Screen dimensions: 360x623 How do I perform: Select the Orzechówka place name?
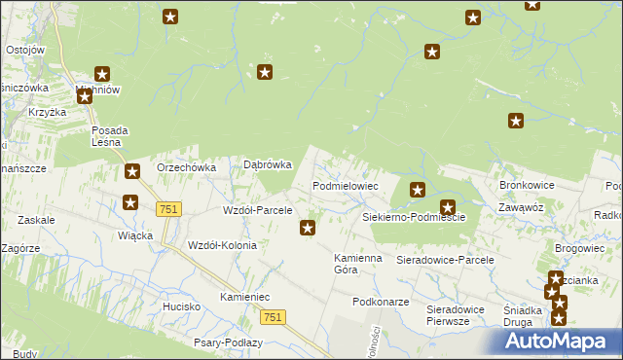(x=186, y=167)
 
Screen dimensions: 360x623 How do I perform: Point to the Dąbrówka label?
(x=267, y=165)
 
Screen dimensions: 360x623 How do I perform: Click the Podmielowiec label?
(x=345, y=185)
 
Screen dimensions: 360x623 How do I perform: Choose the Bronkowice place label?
(x=527, y=184)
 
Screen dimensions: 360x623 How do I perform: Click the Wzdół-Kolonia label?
(x=222, y=245)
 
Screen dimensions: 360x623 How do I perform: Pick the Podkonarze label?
(x=381, y=302)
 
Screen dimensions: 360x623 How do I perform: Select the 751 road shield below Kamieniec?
(x=274, y=317)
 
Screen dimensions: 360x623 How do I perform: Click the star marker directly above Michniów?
(x=102, y=73)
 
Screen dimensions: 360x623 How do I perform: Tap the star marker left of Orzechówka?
(x=131, y=172)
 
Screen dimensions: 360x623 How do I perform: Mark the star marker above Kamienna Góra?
(x=308, y=229)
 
